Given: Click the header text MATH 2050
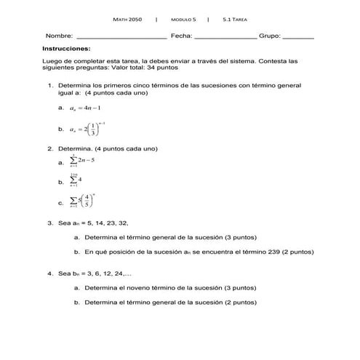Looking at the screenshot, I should [128, 19].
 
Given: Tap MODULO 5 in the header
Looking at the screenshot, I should [183, 19].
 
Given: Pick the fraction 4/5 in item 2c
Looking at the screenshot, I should [87, 200].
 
